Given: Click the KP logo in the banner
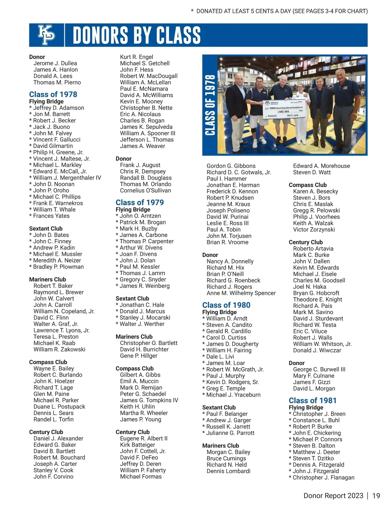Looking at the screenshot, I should coord(47,35).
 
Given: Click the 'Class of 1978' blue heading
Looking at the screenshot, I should coord(53,95).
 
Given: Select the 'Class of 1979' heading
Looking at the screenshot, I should coord(140,202).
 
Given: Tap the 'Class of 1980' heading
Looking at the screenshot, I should coord(226,305).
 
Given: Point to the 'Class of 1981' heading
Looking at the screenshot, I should coord(312,401).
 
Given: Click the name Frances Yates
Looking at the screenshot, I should coord(51,216).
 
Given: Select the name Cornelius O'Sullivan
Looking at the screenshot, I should coord(145,191).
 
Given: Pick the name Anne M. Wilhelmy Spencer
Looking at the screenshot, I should coord(241,293).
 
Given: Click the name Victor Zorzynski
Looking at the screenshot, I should coord(314,230).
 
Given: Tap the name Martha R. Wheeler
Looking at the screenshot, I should coord(144,413).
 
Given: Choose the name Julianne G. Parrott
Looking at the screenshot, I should coord(230,433).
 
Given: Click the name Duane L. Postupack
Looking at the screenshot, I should coord(59,407).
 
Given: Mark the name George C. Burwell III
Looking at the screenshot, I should coord(319,369).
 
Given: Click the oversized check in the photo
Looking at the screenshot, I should coord(283,110).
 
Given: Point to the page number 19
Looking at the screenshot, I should coord(376,496).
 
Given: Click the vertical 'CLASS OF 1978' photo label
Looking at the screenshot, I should coord(210,105).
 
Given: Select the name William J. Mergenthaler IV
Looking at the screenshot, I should coord(67,178).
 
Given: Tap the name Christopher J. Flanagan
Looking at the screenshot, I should coord(323,478).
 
